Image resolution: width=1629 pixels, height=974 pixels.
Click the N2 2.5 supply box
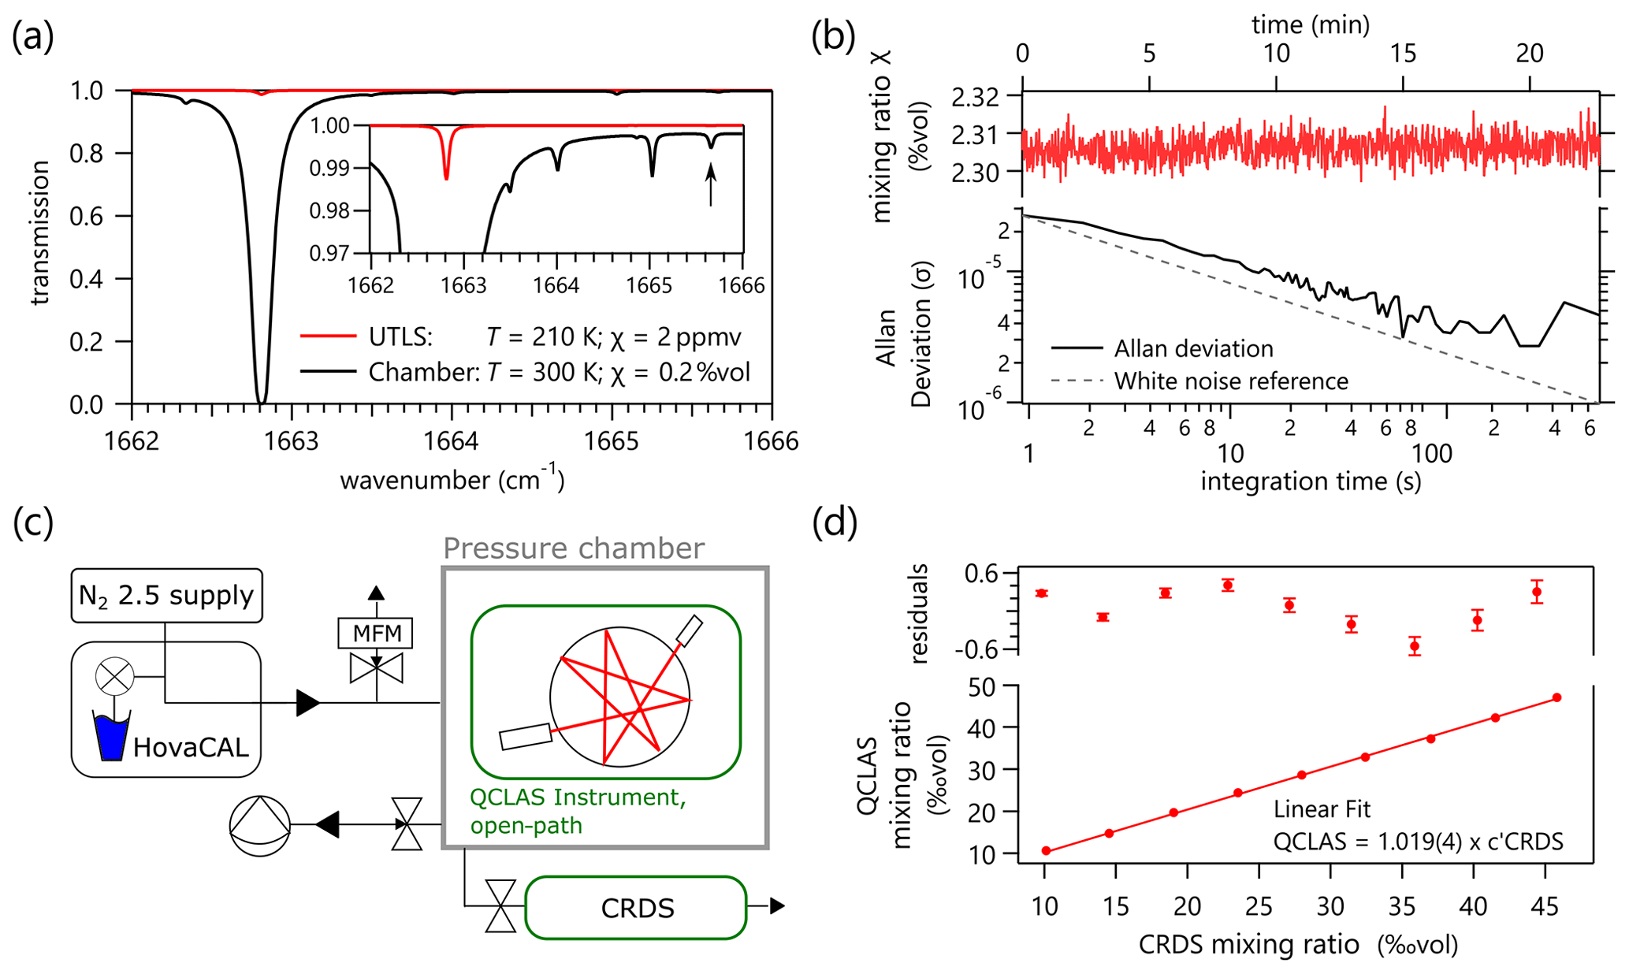[166, 595]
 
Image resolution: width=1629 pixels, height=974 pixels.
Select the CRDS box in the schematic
[636, 908]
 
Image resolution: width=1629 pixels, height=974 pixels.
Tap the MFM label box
[376, 633]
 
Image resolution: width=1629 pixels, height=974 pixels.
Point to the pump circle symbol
[259, 825]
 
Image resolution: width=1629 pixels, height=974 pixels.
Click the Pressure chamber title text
[573, 548]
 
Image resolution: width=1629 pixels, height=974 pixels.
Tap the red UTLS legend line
[328, 336]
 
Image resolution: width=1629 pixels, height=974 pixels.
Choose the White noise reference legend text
[1231, 381]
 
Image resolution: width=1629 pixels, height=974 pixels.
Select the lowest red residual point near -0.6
[1415, 646]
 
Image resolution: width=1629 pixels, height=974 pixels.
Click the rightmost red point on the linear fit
[1556, 697]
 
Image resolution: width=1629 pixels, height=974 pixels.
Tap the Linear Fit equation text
[1418, 842]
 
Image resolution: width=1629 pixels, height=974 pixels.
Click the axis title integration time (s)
[1310, 481]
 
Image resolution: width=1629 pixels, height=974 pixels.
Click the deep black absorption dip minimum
[261, 402]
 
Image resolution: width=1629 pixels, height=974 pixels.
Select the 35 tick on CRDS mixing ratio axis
[1402, 907]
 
